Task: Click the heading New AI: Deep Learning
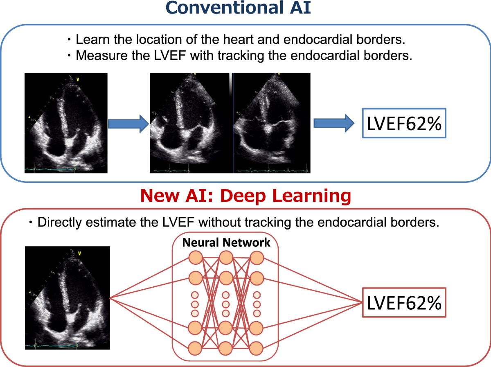coord(245,196)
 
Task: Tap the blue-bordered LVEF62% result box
coord(403,123)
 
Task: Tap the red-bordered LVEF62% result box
coord(403,303)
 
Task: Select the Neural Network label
coord(226,242)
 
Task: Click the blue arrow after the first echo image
coord(128,123)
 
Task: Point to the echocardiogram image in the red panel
coord(68,298)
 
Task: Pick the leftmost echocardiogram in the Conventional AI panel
coord(66,123)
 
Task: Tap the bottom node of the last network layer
coord(257,348)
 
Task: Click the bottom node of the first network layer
coord(195,348)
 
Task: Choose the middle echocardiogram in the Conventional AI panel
coord(190,123)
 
